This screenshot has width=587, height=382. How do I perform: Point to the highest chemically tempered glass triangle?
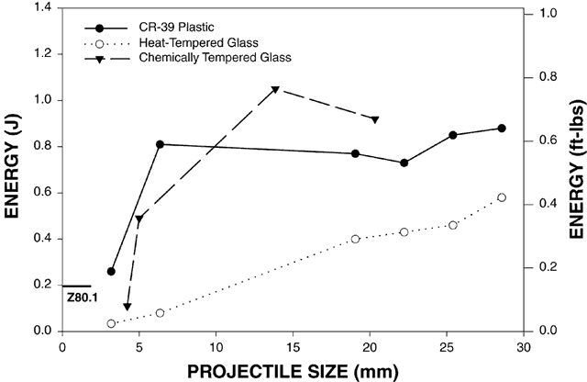pos(275,90)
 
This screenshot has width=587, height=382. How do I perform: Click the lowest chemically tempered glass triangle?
pos(127,307)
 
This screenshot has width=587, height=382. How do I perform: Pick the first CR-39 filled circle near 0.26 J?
pos(112,271)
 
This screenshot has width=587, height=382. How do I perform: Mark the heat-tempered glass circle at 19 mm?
pos(355,239)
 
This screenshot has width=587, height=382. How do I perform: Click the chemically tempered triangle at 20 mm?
pos(374,119)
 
